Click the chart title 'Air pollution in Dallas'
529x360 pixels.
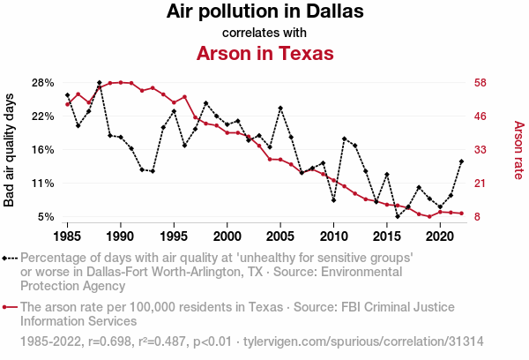point(264,12)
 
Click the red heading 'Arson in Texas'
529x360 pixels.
point(264,53)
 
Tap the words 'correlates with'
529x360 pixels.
point(264,33)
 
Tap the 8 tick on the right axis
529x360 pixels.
point(476,217)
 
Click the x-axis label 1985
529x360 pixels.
point(68,236)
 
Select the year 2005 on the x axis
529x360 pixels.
point(280,236)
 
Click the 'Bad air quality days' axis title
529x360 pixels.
point(10,150)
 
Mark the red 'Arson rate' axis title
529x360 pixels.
point(518,150)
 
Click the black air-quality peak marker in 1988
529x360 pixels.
point(100,82)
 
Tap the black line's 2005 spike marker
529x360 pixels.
point(280,108)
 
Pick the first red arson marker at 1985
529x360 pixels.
point(68,104)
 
